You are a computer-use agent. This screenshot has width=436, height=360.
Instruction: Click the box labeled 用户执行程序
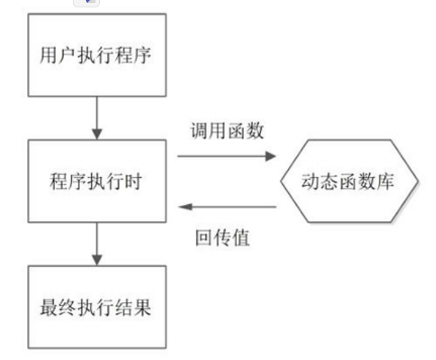click(x=97, y=55)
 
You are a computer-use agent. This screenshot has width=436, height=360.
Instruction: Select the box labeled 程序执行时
click(x=97, y=181)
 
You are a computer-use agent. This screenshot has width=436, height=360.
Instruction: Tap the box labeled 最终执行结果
click(x=97, y=307)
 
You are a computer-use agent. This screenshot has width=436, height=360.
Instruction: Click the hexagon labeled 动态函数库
click(x=349, y=181)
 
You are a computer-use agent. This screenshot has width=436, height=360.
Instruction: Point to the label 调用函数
click(x=227, y=130)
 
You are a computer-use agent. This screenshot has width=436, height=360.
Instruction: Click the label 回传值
click(x=223, y=237)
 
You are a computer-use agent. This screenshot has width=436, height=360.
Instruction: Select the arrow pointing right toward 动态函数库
click(x=226, y=156)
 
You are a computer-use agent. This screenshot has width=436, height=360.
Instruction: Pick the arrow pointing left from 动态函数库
click(x=227, y=206)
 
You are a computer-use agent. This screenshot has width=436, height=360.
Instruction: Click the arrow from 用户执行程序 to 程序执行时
click(x=97, y=118)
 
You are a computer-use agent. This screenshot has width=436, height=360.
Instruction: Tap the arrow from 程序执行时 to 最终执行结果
click(x=97, y=244)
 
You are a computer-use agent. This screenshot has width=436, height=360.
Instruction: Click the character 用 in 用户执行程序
click(x=49, y=55)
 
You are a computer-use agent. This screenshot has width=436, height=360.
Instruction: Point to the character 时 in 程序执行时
click(x=134, y=181)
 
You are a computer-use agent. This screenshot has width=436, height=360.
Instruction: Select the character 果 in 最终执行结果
click(x=143, y=307)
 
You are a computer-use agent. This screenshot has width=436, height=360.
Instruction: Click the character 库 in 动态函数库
click(x=385, y=181)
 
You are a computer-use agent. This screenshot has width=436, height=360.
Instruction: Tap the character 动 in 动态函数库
click(x=310, y=181)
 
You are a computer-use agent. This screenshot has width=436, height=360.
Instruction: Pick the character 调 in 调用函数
click(x=199, y=130)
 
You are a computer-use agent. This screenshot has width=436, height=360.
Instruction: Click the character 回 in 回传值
click(x=204, y=237)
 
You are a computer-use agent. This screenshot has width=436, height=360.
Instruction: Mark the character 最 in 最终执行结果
click(x=49, y=307)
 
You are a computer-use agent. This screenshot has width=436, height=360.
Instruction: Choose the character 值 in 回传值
click(x=241, y=237)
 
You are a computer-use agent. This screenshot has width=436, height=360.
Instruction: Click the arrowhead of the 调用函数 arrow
click(x=271, y=156)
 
